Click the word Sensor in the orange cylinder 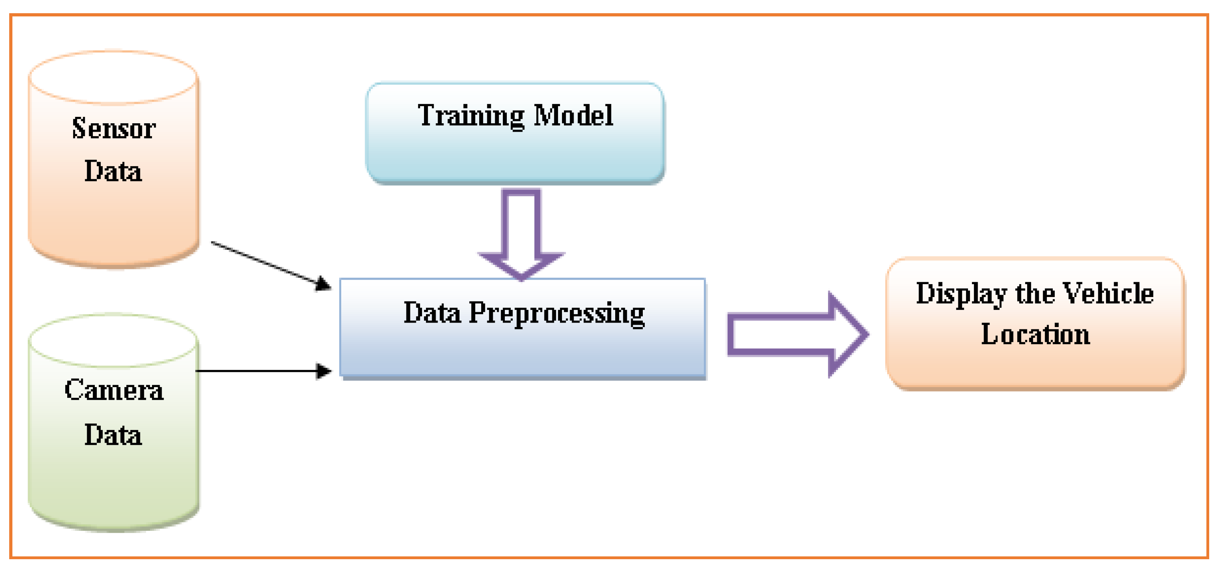[x=114, y=128]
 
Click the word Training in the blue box [x=471, y=116]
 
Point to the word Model [x=573, y=115]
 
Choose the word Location [x=1035, y=335]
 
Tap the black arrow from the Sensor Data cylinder [x=265, y=263]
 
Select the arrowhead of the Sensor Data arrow [x=324, y=284]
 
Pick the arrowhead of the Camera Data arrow [x=324, y=371]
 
